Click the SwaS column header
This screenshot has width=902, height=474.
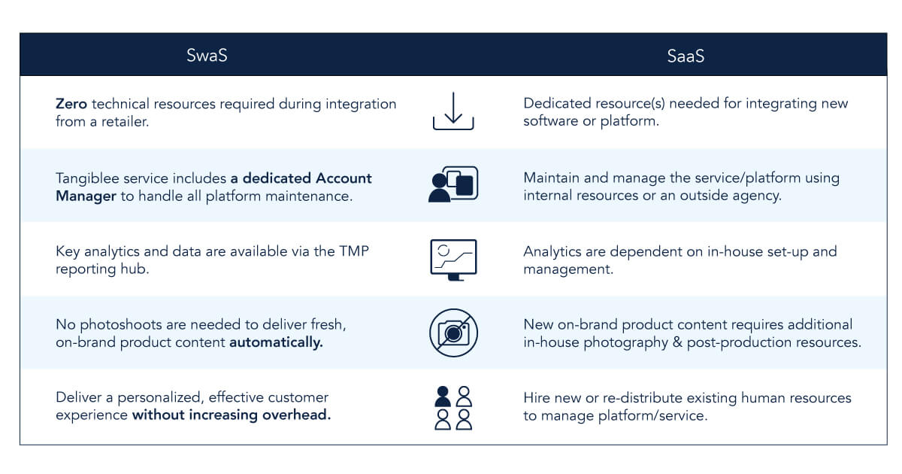(207, 56)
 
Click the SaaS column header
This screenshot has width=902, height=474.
(686, 56)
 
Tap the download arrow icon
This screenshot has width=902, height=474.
(453, 111)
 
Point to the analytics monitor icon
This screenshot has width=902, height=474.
(453, 259)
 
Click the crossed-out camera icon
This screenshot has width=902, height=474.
(453, 333)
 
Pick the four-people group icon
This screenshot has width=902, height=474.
(453, 407)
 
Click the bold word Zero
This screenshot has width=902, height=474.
(70, 104)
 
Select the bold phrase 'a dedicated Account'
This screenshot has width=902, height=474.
(301, 178)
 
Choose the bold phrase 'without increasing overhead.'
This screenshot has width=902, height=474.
(232, 415)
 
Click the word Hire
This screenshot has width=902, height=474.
(537, 397)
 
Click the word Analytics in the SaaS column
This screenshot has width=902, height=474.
(553, 251)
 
